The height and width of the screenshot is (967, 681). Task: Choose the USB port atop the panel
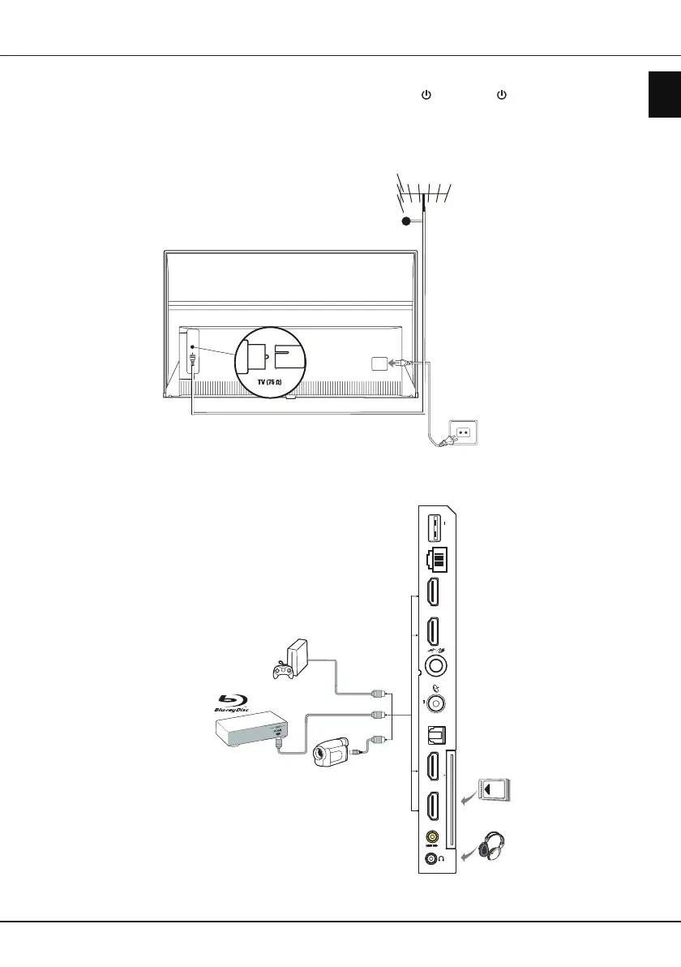pos(433,528)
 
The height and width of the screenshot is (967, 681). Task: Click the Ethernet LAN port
pos(434,561)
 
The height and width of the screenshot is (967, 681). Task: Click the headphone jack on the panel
pos(430,858)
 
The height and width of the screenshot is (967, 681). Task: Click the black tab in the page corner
pos(664,93)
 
